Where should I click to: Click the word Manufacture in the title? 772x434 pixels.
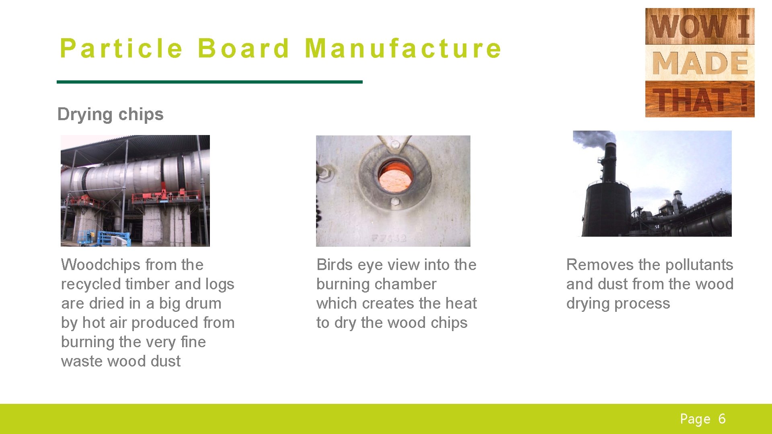click(403, 49)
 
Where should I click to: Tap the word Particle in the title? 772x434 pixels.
click(121, 49)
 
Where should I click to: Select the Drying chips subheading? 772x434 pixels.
click(110, 114)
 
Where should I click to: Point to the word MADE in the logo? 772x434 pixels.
click(700, 63)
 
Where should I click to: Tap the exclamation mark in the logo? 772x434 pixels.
click(744, 100)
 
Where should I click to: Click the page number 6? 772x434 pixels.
click(722, 419)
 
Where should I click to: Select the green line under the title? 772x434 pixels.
click(209, 82)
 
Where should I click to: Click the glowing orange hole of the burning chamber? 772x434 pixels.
click(395, 177)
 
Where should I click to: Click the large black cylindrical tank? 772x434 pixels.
click(606, 209)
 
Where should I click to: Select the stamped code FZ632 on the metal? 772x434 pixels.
click(388, 238)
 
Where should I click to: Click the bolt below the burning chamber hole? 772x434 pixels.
click(395, 201)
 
